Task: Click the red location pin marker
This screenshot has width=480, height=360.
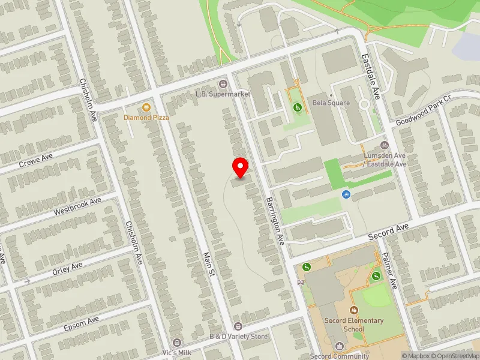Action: pyautogui.click(x=241, y=167)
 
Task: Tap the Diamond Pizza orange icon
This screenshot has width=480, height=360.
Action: pyautogui.click(x=146, y=107)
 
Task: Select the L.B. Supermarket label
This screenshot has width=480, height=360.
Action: pyautogui.click(x=223, y=94)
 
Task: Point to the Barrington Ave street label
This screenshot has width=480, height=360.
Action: pyautogui.click(x=274, y=221)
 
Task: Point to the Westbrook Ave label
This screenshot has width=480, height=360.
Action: pyautogui.click(x=77, y=205)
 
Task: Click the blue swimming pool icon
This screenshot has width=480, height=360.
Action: pyautogui.click(x=346, y=194)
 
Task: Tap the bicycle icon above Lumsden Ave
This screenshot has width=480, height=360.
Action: pyautogui.click(x=385, y=145)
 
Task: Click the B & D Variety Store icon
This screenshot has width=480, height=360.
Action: pyautogui.click(x=238, y=326)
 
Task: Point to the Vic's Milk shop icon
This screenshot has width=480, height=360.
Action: pyautogui.click(x=175, y=342)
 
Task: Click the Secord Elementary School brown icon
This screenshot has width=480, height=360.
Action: pyautogui.click(x=353, y=310)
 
